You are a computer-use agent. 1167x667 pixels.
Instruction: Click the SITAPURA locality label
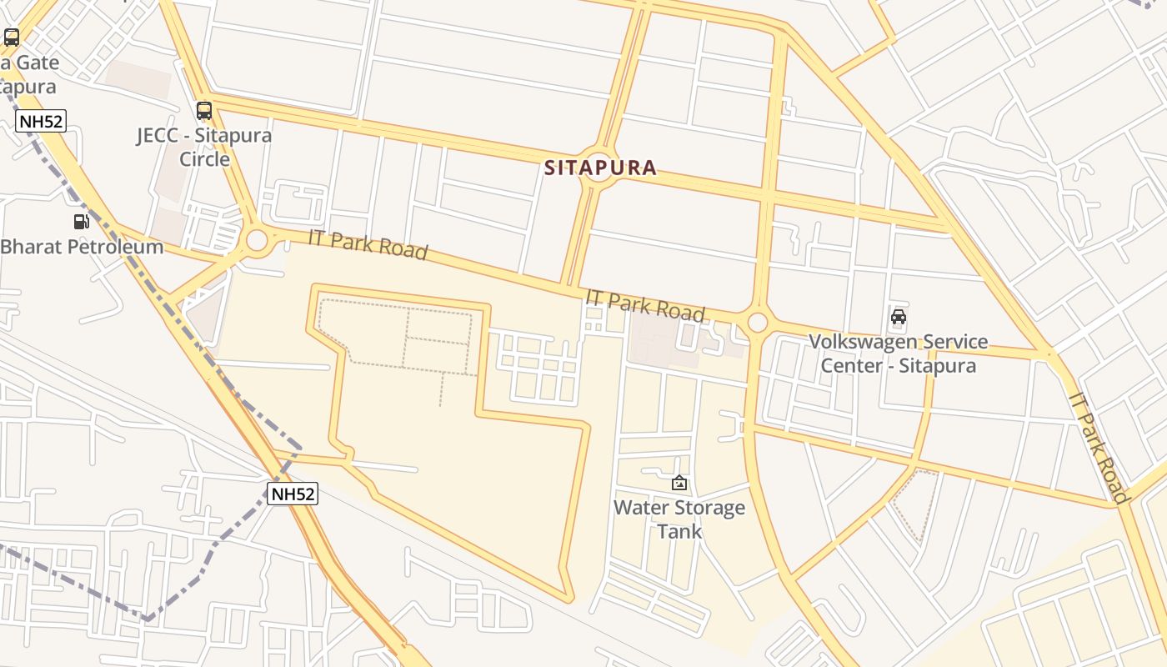coord(600,168)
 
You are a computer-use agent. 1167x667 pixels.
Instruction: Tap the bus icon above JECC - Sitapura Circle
coord(204,111)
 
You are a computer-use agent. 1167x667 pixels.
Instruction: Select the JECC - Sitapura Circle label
coord(204,147)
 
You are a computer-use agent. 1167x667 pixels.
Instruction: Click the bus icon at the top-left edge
coord(12,38)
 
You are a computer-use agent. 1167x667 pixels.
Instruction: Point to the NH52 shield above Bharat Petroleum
coord(41,122)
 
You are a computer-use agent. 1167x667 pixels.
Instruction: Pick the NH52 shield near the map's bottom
coord(293,494)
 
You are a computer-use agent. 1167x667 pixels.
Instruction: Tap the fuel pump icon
coord(82,222)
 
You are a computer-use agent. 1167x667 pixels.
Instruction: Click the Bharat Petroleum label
coord(82,247)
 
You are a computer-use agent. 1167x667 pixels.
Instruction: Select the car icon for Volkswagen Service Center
coord(899,317)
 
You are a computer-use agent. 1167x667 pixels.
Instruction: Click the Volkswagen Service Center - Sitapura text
coord(899,354)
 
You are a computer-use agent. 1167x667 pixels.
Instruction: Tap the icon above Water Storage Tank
coord(679,483)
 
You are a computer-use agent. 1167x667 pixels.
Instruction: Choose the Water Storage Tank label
coord(679,519)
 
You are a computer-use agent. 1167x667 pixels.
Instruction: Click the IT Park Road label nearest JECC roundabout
coord(368,243)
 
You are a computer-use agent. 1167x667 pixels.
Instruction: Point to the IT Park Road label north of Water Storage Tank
coord(645,305)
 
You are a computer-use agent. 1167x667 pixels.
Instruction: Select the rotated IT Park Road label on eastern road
coord(1098,449)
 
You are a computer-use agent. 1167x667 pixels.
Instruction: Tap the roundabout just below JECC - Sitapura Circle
coord(257,240)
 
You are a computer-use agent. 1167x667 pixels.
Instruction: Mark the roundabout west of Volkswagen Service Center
coord(757,322)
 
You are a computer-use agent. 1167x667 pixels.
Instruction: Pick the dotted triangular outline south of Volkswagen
coord(915,500)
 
